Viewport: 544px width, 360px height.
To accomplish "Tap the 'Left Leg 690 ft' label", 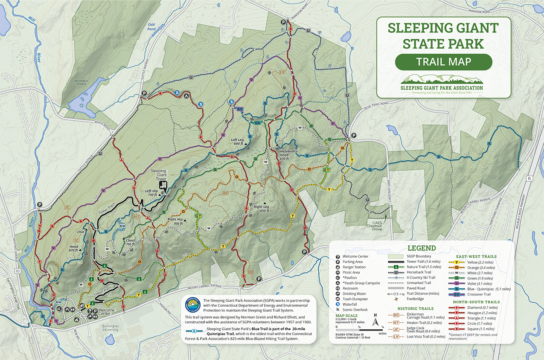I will click(x=240, y=142).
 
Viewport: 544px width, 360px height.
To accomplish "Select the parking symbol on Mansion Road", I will click(x=282, y=22).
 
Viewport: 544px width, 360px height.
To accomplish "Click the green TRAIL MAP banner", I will click(x=443, y=62).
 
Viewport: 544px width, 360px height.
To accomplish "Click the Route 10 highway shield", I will click(x=17, y=271).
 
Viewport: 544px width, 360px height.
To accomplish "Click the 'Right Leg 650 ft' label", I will click(x=262, y=209).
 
